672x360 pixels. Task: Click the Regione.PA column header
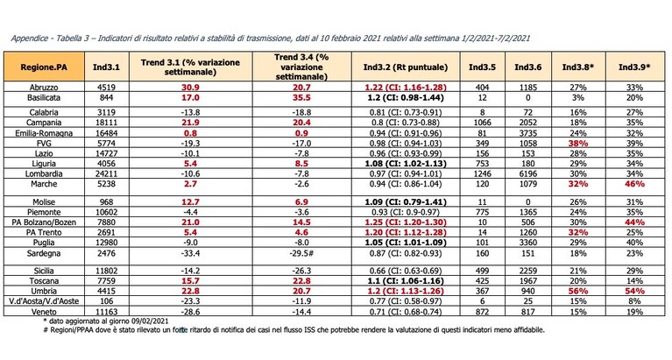(44, 67)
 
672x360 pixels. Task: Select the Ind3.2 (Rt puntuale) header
(406, 67)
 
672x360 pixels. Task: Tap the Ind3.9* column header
(634, 67)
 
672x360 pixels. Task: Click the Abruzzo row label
(44, 88)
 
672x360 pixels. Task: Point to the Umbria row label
(44, 292)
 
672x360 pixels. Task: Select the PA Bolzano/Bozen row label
(44, 222)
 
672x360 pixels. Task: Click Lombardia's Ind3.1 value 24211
(106, 174)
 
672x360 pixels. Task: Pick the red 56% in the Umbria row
(578, 292)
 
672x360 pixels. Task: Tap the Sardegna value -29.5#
(301, 253)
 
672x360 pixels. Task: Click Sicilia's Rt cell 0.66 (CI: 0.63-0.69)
(406, 271)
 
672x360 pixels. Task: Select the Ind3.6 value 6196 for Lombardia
(528, 174)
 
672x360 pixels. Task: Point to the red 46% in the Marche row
(634, 184)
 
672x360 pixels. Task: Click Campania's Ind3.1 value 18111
(106, 123)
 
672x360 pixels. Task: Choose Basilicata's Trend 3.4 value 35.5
(301, 98)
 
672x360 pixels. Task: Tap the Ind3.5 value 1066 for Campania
(483, 123)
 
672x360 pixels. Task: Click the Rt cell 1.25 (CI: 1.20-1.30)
(406, 222)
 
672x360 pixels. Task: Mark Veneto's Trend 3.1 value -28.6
(191, 312)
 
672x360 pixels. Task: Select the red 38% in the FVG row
(578, 144)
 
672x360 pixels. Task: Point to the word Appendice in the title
(30, 39)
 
